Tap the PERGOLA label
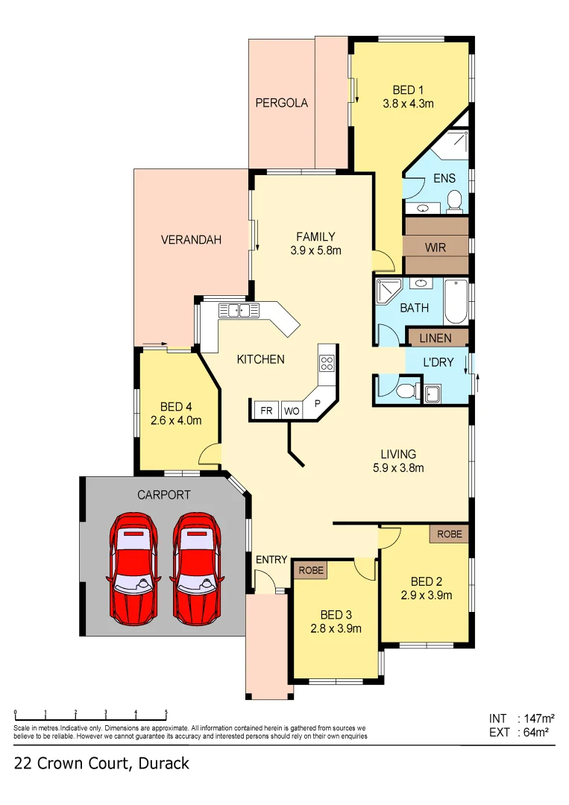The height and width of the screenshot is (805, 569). [282, 103]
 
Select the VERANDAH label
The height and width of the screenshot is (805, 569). [192, 240]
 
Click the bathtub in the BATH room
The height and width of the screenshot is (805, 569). [454, 300]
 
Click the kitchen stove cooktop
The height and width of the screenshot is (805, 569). [327, 363]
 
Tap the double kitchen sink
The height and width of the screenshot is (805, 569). [238, 310]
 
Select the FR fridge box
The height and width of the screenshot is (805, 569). [265, 411]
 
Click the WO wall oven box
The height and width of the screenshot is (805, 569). [291, 411]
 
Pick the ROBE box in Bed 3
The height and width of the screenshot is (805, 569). [311, 570]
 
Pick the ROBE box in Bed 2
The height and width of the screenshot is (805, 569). [449, 534]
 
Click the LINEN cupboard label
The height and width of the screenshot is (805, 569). [436, 338]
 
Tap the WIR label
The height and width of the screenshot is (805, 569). [436, 246]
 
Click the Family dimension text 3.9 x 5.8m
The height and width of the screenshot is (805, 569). [315, 251]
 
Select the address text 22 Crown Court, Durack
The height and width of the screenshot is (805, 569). [101, 763]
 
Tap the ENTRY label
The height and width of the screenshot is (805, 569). [271, 560]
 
